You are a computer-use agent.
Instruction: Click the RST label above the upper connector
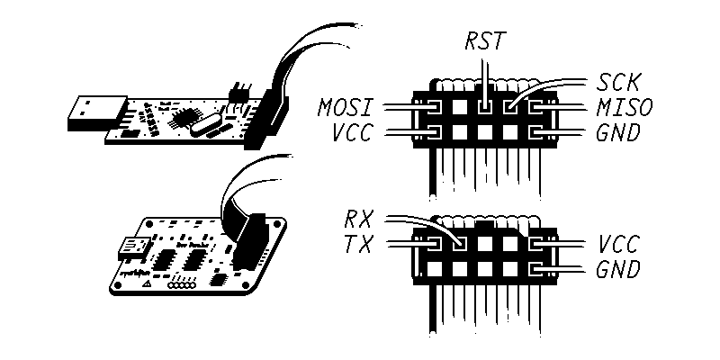tap(486, 41)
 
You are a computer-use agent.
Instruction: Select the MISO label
tap(623, 109)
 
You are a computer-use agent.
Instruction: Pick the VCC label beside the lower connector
tap(619, 245)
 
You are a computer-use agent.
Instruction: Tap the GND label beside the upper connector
tap(618, 134)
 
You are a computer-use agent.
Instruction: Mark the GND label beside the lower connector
tap(618, 268)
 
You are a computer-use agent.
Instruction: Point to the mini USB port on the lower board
tap(136, 244)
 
